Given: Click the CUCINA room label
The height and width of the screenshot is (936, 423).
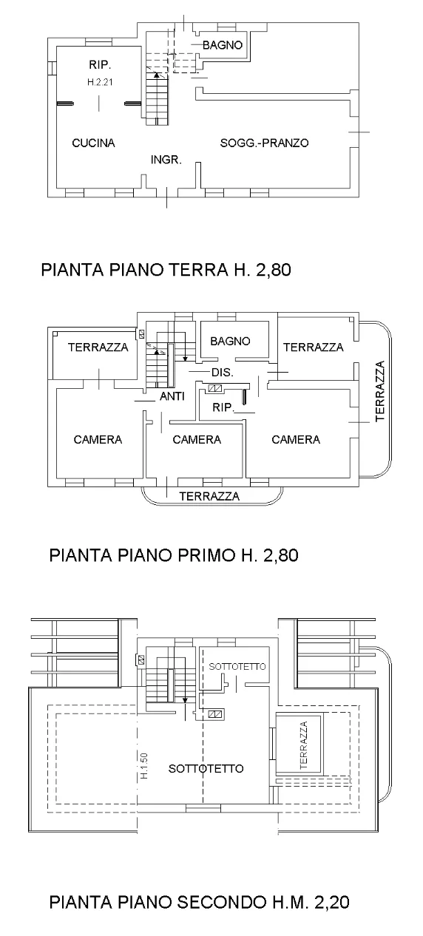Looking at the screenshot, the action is (x=94, y=143).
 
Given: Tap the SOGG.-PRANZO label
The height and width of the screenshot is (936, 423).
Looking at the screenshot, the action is (x=264, y=143).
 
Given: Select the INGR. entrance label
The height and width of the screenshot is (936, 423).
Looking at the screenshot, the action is (x=166, y=159).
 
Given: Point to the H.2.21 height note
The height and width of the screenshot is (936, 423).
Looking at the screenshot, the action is (x=100, y=82).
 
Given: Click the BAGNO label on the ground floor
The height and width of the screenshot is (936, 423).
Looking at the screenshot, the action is (x=223, y=45).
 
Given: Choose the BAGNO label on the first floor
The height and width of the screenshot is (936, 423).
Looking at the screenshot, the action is (x=230, y=342).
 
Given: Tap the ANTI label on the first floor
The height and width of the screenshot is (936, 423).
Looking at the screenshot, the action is (x=172, y=396).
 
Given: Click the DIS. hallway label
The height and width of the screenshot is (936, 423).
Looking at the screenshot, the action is (x=223, y=373).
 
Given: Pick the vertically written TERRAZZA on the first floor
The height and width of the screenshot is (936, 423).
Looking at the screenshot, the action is (x=379, y=391).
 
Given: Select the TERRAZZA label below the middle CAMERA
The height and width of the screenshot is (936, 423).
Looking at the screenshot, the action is (x=209, y=496).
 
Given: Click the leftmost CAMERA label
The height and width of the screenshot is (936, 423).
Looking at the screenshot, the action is (x=98, y=440).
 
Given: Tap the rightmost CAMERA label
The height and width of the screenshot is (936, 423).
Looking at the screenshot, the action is (x=296, y=440).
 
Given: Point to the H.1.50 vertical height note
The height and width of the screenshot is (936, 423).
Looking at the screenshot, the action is (x=144, y=765).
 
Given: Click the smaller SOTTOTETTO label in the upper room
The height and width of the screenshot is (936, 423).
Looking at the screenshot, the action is (x=237, y=666).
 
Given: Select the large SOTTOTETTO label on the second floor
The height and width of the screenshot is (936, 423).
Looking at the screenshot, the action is (x=206, y=768).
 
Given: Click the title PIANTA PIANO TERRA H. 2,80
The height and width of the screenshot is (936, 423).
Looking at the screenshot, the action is (x=166, y=270).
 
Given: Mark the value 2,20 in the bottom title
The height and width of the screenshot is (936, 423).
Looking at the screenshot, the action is (x=331, y=902).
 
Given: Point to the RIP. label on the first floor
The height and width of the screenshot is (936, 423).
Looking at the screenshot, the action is (x=223, y=407).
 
